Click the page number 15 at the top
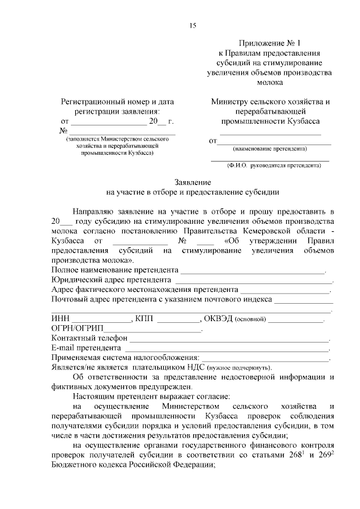pyautogui.click(x=192, y=25)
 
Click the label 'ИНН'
pyautogui.click(x=60, y=319)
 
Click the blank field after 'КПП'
pyautogui.click(x=178, y=320)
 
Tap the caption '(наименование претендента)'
pyautogui.click(x=269, y=149)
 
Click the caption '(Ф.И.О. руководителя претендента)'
pyautogui.click(x=270, y=166)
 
